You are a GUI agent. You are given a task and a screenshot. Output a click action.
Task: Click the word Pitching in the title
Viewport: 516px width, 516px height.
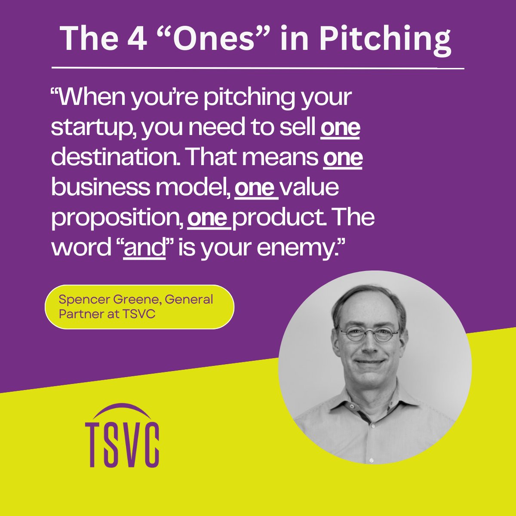pos(385,39)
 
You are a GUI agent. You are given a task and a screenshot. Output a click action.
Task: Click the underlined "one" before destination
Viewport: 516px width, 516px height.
pos(340,128)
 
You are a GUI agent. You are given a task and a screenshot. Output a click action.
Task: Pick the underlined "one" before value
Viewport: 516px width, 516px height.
pos(255,188)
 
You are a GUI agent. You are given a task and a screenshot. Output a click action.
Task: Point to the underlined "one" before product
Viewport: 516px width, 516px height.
pos(208,218)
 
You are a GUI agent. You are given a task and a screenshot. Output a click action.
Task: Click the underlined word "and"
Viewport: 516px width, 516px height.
pos(144,248)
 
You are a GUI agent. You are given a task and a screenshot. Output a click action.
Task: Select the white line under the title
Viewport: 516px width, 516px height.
pos(258,68)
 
